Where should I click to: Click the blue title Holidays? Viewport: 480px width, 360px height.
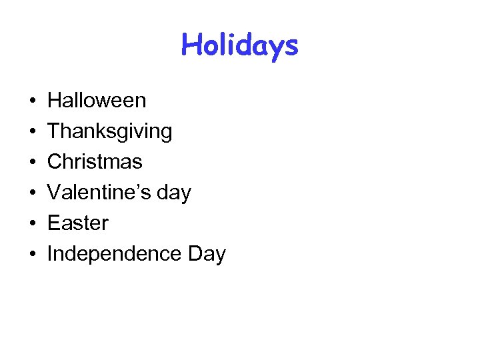click(239, 45)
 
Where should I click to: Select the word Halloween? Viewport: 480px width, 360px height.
click(97, 101)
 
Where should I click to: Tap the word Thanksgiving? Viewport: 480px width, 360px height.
click(109, 131)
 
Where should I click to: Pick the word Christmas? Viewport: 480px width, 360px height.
click(95, 162)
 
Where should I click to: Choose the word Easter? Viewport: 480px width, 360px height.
click(78, 223)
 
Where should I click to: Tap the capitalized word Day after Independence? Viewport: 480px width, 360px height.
click(206, 255)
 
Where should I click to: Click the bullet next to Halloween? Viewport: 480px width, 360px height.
click(33, 101)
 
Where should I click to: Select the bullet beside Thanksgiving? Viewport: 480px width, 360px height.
click(33, 132)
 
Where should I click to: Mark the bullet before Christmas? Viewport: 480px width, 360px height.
click(33, 163)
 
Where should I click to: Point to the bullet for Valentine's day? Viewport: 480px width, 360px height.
click(33, 193)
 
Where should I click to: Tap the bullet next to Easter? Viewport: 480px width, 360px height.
click(33, 224)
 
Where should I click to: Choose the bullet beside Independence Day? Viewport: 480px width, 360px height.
click(33, 255)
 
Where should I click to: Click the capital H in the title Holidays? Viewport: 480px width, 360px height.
click(190, 45)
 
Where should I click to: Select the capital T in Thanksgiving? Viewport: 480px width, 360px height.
click(53, 131)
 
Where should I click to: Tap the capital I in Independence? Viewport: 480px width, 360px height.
click(50, 254)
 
